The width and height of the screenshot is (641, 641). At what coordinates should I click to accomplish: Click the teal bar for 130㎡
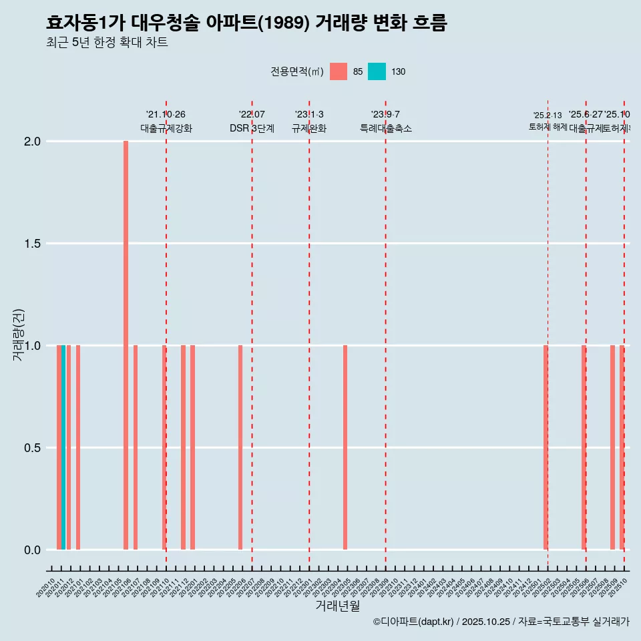63,447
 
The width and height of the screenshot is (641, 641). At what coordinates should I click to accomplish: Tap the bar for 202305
345,447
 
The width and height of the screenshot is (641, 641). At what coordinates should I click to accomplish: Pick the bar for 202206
240,447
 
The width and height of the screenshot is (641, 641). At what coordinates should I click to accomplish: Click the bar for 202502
545,447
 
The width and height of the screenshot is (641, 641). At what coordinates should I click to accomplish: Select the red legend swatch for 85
339,71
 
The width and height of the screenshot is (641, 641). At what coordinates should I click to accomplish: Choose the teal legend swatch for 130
377,71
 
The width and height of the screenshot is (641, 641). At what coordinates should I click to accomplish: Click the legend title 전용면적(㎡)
297,71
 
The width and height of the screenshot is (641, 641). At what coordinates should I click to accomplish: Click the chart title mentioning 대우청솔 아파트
246,23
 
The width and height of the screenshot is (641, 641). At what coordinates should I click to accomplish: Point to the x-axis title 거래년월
337,606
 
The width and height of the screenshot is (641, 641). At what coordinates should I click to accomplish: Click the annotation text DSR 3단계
252,128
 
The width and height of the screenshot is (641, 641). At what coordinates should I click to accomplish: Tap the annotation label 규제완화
309,128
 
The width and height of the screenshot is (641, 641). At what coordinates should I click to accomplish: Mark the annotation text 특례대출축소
386,128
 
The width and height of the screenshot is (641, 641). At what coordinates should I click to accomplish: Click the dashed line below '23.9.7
386,334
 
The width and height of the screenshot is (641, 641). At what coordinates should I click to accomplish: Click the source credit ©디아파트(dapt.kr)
414,622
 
